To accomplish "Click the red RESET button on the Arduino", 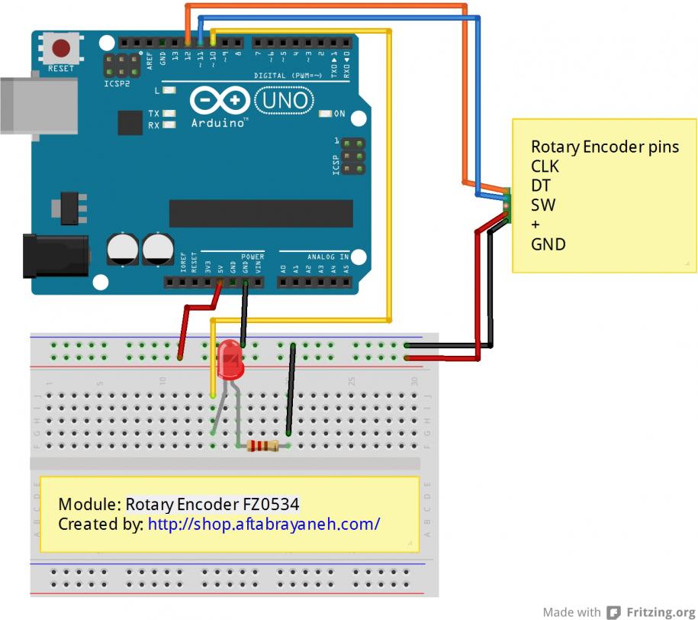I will [x=60, y=50].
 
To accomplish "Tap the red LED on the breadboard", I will [x=229, y=361].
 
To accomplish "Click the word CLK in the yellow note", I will [x=545, y=166].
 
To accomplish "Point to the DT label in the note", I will [x=541, y=186].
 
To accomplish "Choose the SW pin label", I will [x=543, y=205].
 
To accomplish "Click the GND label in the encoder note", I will [x=548, y=244].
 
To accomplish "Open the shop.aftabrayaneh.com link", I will [x=263, y=524].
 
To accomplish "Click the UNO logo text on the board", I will [x=281, y=99].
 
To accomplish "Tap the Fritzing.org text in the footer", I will [x=661, y=612].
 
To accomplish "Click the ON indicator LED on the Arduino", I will [x=326, y=114].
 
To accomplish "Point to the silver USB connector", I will [x=19, y=104].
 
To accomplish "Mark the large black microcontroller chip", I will [x=261, y=214].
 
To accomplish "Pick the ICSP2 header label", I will [x=117, y=82].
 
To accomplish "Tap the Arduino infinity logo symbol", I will [x=220, y=100].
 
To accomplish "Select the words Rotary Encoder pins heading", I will [x=604, y=146].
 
